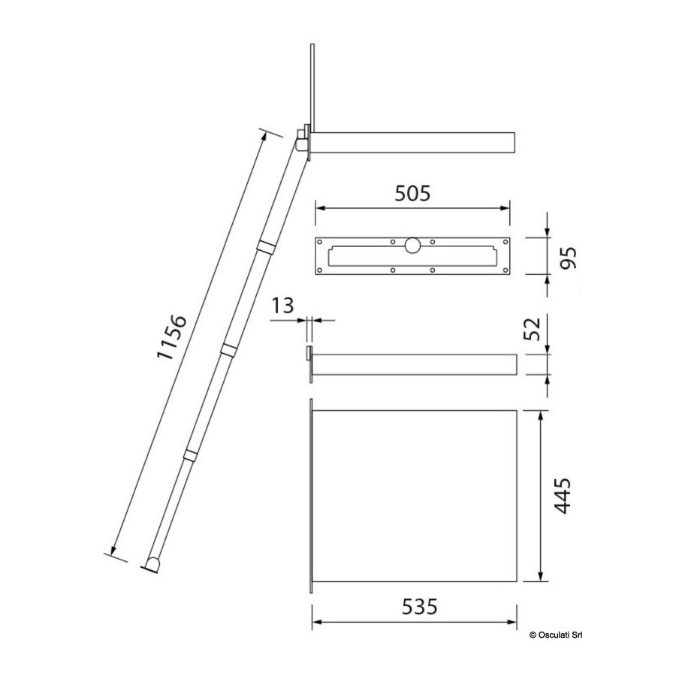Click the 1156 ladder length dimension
(x=171, y=337)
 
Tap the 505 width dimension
(x=412, y=193)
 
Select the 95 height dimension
(x=567, y=258)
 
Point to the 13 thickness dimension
(x=282, y=305)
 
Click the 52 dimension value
(x=532, y=328)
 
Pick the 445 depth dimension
(x=562, y=496)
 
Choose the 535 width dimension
(x=419, y=607)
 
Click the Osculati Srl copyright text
(x=556, y=635)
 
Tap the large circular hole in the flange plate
(x=412, y=245)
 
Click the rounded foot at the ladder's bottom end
(x=152, y=565)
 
